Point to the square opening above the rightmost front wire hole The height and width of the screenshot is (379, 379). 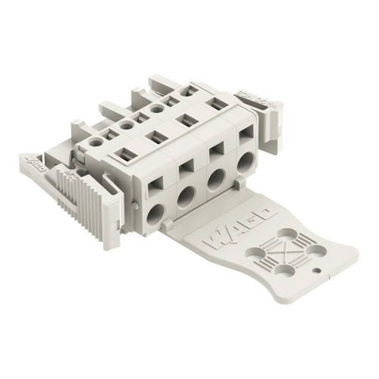(x=246, y=137)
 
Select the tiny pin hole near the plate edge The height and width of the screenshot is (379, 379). (x=316, y=268)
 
